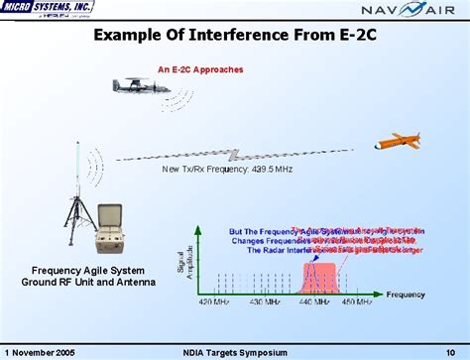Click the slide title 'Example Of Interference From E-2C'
(x=234, y=37)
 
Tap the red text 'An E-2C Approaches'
(x=200, y=70)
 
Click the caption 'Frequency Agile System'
(x=87, y=271)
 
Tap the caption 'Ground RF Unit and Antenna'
(x=87, y=283)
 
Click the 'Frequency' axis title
(x=407, y=295)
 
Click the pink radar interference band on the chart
(x=326, y=276)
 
